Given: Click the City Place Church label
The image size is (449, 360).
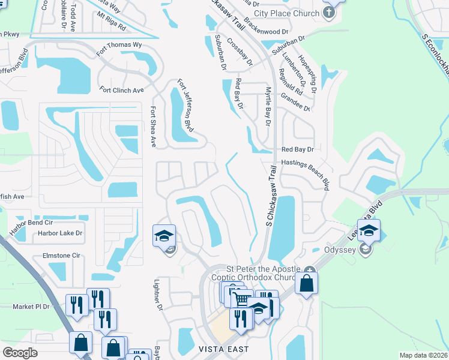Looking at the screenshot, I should point(286,13).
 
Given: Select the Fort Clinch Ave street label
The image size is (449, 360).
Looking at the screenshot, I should point(122,91).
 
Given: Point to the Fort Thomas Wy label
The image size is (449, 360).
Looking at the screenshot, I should point(121,44).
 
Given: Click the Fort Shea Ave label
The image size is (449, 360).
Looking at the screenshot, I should point(153,127).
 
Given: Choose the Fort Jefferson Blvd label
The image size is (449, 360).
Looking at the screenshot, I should point(186,106).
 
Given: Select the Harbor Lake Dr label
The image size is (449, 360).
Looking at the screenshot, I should point(59,233).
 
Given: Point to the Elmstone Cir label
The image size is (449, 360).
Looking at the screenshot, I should point(61,255).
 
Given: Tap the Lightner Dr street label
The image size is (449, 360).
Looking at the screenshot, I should point(159,297).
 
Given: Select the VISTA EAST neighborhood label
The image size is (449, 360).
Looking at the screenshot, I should point(223,349).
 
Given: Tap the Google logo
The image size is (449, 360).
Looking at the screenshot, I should point(20,352).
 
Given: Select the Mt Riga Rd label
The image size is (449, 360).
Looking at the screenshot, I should point(112,28).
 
